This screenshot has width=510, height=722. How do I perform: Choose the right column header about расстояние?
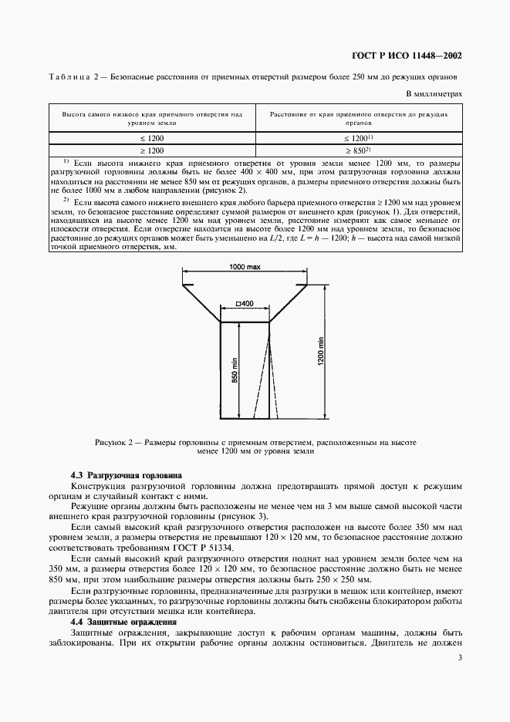[359, 117]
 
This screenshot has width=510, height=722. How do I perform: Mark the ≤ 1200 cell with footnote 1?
[359, 137]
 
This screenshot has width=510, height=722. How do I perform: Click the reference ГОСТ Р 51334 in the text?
[198, 547]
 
